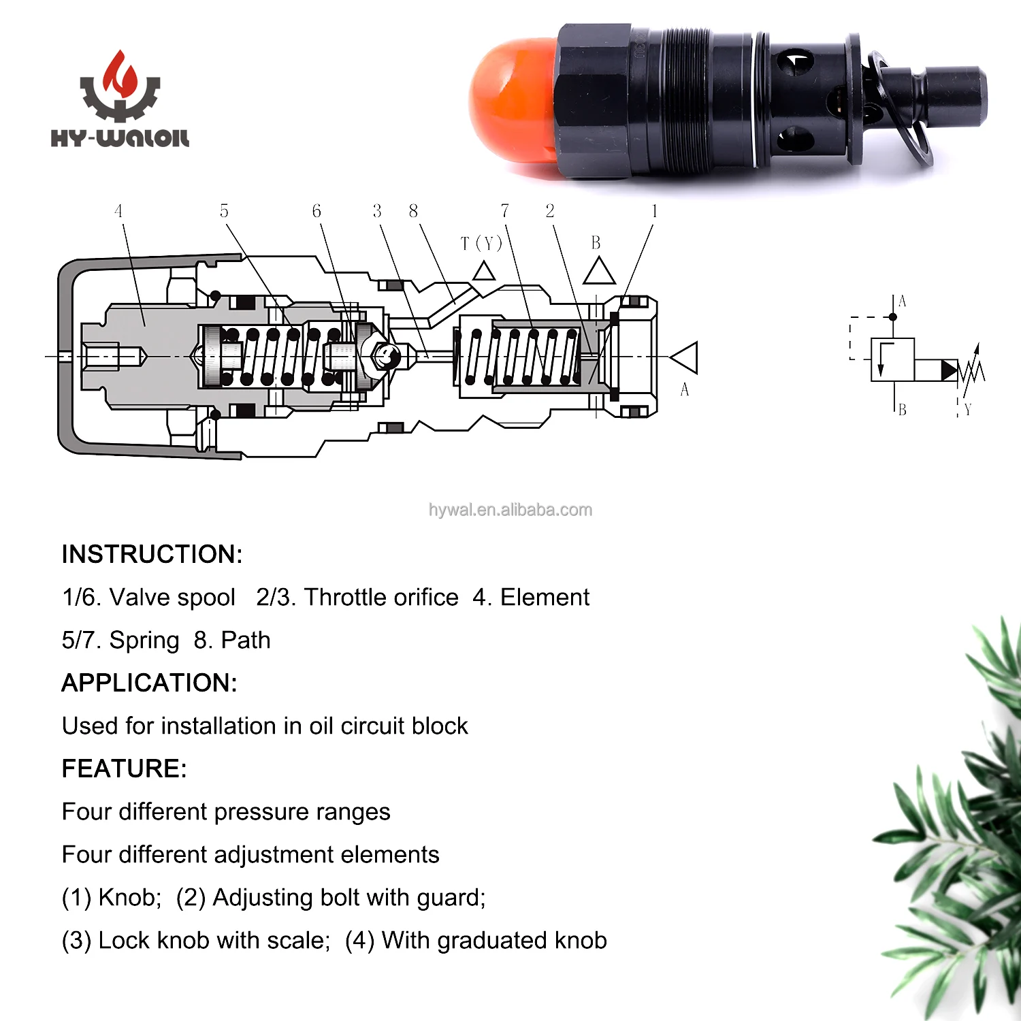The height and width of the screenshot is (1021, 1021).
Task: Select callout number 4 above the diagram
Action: (118, 211)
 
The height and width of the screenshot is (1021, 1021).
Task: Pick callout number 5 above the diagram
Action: (224, 211)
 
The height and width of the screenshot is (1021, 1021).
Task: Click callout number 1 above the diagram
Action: (654, 211)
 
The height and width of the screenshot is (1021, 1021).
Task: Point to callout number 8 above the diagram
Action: (413, 211)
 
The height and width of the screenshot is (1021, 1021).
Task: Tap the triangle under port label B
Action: (599, 272)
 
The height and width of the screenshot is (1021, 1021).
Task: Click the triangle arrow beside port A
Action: (685, 358)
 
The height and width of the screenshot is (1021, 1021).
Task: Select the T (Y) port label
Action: (481, 243)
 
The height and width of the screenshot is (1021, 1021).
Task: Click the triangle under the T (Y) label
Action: (484, 272)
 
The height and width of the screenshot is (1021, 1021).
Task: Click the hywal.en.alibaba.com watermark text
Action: (510, 510)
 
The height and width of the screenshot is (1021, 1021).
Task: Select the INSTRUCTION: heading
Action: (152, 554)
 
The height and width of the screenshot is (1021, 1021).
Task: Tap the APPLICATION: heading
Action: (149, 683)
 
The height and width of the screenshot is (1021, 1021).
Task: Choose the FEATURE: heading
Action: (124, 768)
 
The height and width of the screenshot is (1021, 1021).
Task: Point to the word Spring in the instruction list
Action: (144, 640)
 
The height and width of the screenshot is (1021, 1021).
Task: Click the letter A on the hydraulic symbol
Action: (903, 302)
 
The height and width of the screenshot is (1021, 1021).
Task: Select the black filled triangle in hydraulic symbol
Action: (949, 370)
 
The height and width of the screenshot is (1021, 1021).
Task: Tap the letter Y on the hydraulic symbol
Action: (968, 410)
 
